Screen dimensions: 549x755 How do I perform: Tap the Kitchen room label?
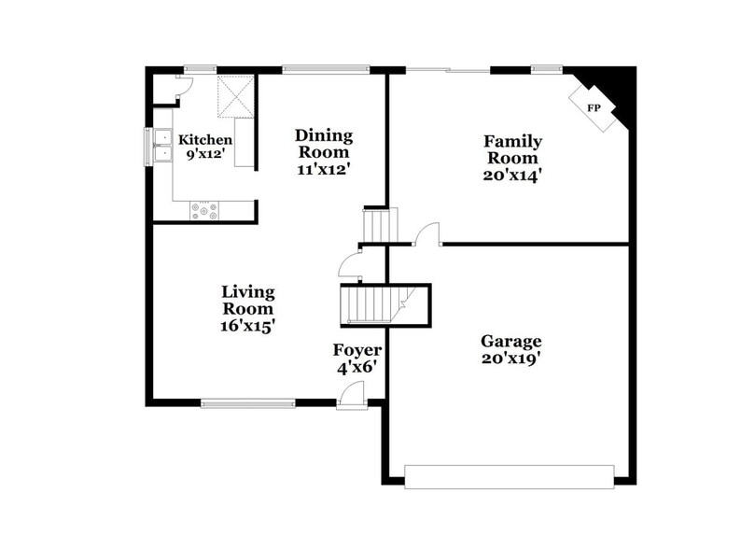pos(205,140)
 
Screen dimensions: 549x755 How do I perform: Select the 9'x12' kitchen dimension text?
pos(205,154)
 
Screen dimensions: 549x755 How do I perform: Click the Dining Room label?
pos(323,143)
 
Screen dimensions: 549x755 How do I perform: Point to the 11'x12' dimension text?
pos(323,171)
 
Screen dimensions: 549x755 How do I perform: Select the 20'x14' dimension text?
pos(511,174)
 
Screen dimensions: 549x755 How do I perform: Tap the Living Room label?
pos(247,300)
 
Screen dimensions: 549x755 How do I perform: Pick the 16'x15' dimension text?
pos(247,327)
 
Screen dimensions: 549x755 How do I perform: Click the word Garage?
pos(510,341)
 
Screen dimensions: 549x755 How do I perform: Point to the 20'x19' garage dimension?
pos(510,358)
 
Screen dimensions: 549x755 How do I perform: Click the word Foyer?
pos(357,350)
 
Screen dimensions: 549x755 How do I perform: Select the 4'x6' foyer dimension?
pos(357,368)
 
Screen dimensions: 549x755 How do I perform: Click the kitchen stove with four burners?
pos(204,211)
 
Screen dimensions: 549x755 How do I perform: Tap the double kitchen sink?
pos(162,146)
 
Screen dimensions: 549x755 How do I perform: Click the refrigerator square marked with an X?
pos(236,97)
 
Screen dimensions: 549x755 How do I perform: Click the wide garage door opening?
pos(510,476)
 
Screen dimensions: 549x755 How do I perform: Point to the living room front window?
pos(248,403)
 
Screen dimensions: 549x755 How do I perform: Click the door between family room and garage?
pos(426,235)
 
